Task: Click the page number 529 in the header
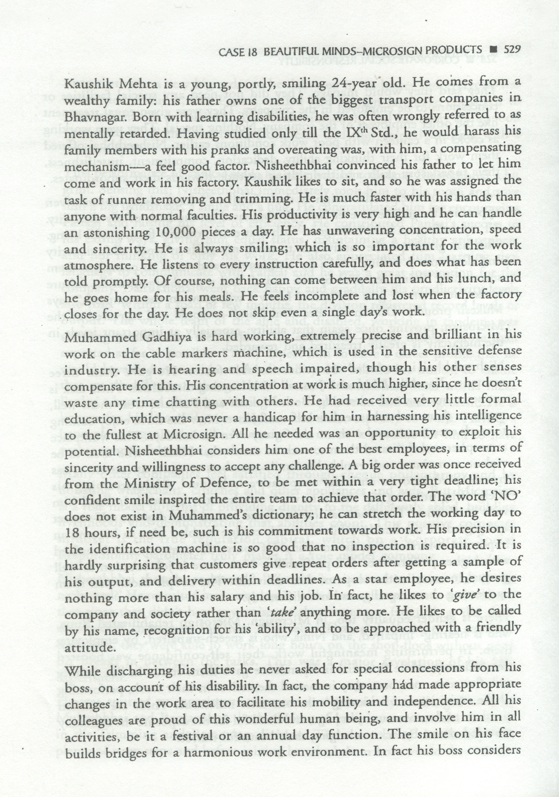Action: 512,49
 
